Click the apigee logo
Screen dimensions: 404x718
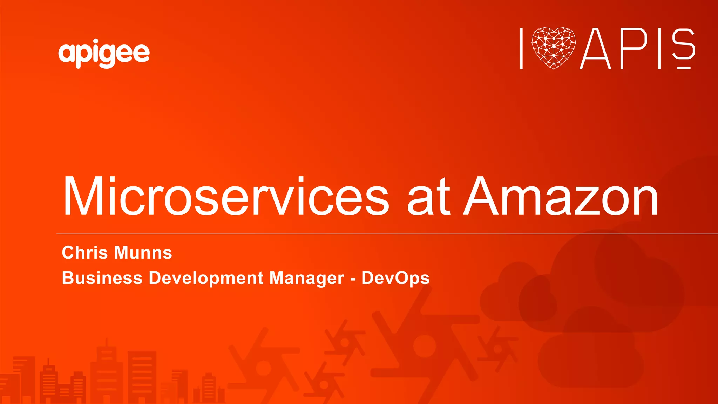(x=104, y=54)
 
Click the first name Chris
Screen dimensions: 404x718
(x=84, y=253)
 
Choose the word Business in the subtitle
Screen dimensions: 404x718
(x=102, y=278)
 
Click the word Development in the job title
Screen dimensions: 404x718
(x=206, y=279)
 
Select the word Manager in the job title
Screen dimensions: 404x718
(x=307, y=279)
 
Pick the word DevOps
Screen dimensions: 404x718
(x=395, y=279)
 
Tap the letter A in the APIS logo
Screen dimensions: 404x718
(x=595, y=49)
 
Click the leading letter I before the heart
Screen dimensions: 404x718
(x=521, y=49)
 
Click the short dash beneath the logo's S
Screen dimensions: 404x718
(x=684, y=68)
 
